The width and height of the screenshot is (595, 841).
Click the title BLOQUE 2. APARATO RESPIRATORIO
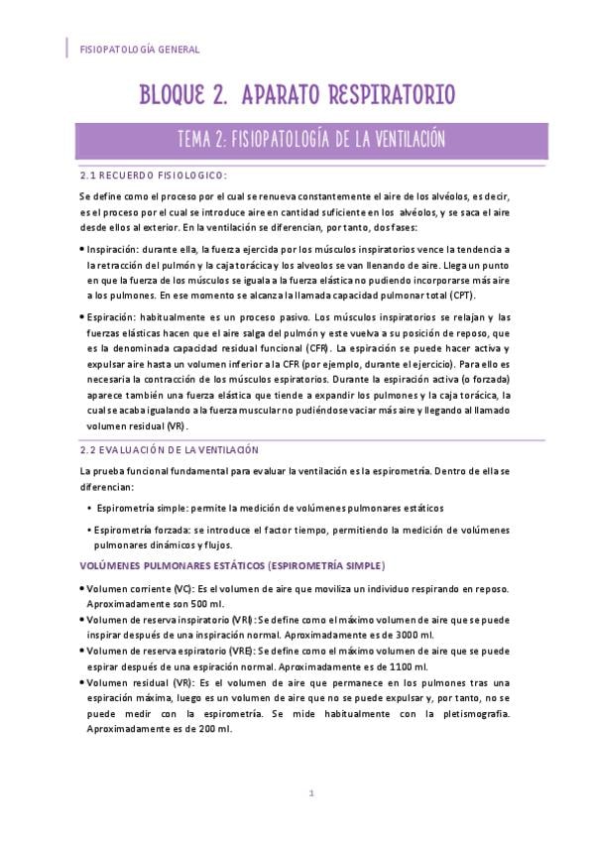tap(297, 95)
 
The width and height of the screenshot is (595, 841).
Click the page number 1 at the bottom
tap(311, 792)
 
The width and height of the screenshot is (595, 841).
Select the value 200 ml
tap(213, 728)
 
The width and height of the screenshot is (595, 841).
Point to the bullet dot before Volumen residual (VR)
tap(81, 682)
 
